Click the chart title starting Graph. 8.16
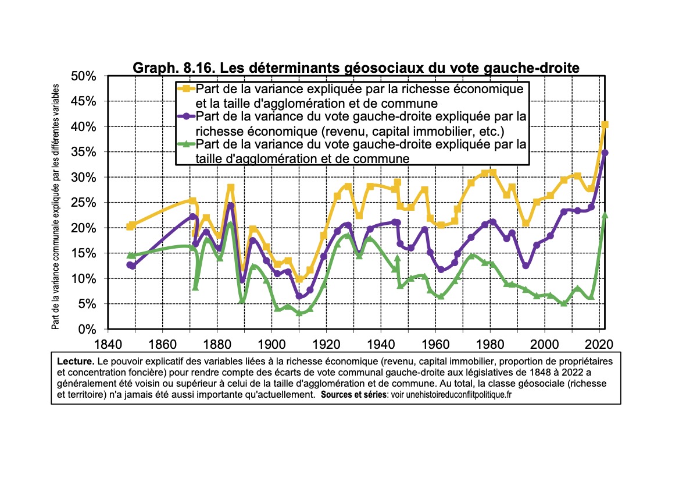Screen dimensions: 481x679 (356, 68)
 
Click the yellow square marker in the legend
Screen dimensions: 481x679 (187, 89)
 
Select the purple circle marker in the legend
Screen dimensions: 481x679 (187, 116)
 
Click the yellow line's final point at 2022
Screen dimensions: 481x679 (605, 125)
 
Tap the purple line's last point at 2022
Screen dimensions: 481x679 (605, 153)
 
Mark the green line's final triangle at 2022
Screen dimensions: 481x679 (605, 215)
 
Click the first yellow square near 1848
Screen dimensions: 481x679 (130, 226)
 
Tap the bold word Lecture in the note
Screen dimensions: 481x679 (75, 361)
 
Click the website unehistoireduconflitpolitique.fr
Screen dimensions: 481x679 (452, 394)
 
